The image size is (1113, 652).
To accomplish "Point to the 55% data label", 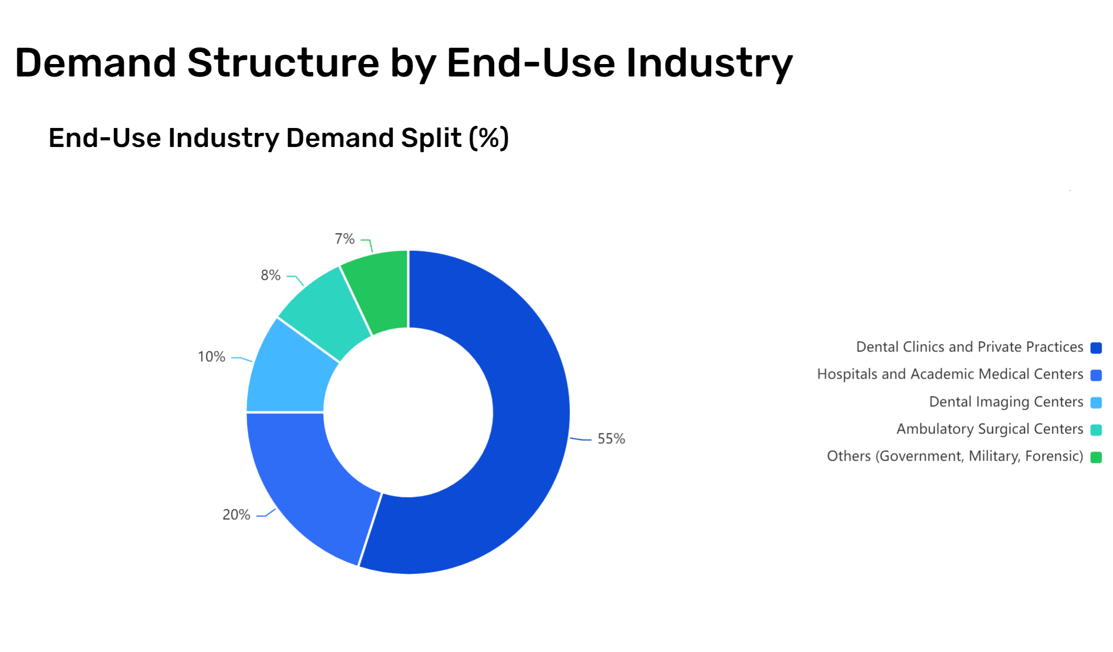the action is coord(611,439).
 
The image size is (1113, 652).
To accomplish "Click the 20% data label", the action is coord(236,515).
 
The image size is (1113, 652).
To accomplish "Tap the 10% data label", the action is coord(212,357).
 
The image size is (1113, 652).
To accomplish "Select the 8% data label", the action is coord(271,276).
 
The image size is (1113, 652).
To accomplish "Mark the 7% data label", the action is coord(344,239).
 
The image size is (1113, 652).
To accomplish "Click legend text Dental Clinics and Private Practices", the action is coord(970,347).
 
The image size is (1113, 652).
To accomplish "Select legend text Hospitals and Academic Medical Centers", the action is coord(950,374).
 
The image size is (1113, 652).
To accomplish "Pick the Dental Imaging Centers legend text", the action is coord(1006,402).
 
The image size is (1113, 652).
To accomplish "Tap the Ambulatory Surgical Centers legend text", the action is coord(990,429).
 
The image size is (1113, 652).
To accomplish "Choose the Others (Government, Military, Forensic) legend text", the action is coord(955,456).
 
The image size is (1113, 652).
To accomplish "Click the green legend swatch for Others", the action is coord(1096,457).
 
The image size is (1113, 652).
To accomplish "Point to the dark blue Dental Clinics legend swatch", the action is coord(1096,348).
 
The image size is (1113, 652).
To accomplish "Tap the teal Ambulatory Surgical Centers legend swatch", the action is coord(1096,430).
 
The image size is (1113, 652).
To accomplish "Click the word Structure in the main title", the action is coord(283,63).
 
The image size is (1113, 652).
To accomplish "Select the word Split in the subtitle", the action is coord(431,138).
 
